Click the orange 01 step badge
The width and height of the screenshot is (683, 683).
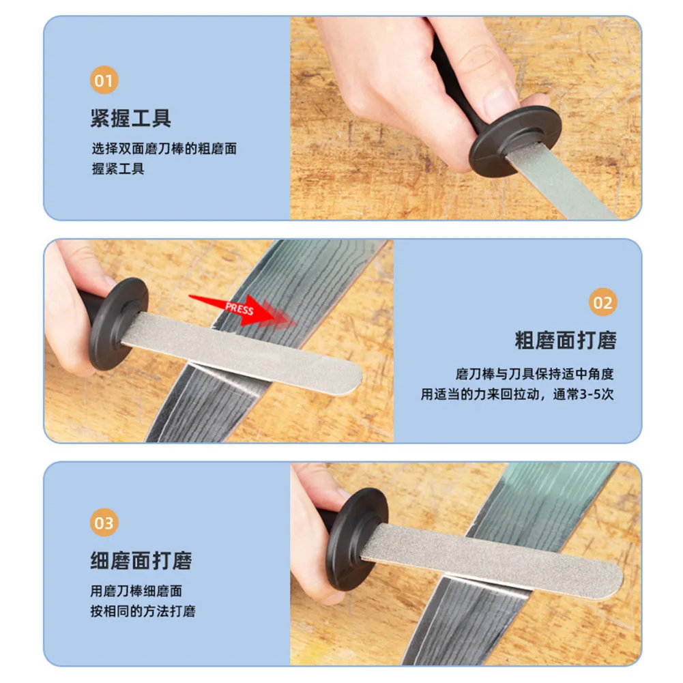click(104, 81)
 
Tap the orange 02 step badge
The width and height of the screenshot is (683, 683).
click(602, 302)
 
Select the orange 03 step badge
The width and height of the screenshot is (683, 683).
click(104, 523)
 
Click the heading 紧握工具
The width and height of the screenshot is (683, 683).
click(131, 119)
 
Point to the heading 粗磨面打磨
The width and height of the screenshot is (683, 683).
click(565, 340)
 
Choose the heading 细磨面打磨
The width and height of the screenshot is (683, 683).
click(141, 561)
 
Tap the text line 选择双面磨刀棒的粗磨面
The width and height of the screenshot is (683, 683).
click(164, 149)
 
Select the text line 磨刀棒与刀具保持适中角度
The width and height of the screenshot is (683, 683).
click(535, 374)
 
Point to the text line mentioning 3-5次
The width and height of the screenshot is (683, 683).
click(518, 394)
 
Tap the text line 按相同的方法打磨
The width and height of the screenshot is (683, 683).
click(143, 611)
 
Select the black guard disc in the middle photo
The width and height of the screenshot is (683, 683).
click(119, 322)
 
